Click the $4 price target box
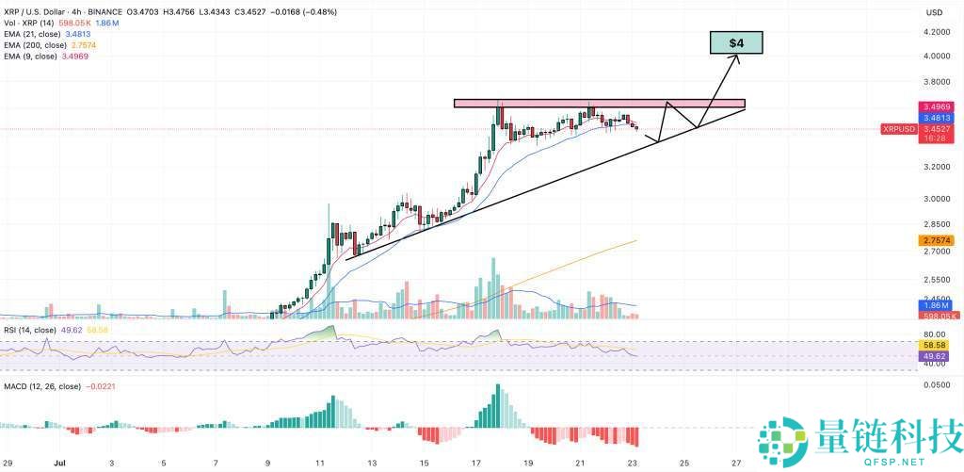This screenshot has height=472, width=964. pos(735,42)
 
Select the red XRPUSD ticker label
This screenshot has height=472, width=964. pos(898,127)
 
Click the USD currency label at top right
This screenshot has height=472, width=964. pos(935,12)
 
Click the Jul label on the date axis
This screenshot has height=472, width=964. pos(58,464)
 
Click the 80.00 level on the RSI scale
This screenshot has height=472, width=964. pos(935,334)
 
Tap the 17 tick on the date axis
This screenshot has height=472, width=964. pos(476,464)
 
